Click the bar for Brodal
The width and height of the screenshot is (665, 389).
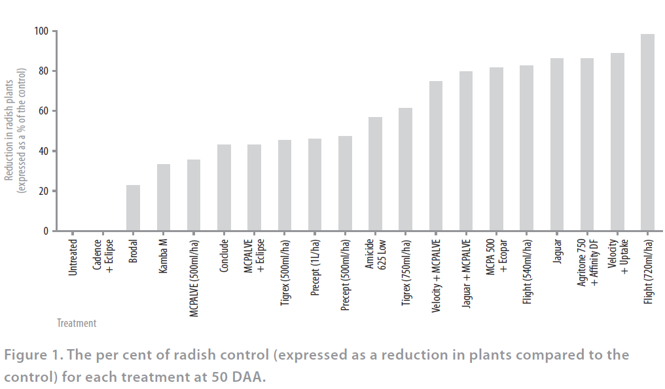point(133,208)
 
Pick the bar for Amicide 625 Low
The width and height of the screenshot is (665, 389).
point(375,174)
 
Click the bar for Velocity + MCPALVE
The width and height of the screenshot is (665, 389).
point(436,156)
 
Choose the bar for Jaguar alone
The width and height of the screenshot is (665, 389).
point(557,144)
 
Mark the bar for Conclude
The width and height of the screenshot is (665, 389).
point(224,188)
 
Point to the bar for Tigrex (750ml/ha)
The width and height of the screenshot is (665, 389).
point(405,169)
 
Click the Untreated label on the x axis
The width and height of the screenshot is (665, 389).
point(73,258)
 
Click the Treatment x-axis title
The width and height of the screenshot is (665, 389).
point(77,323)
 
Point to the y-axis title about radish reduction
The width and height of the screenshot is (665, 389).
point(16,124)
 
